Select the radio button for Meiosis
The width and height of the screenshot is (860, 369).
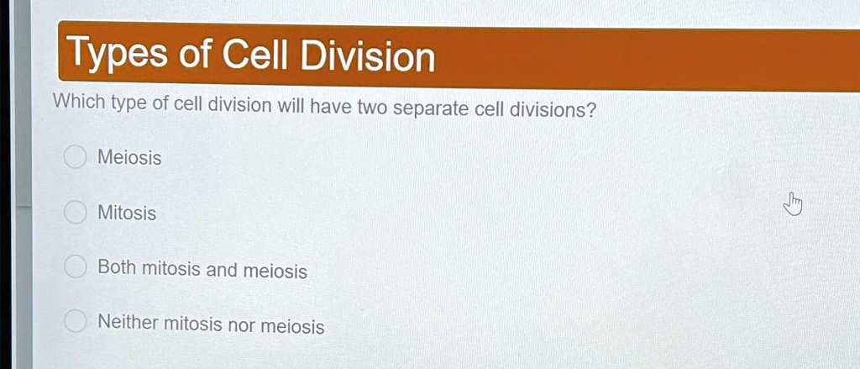[76, 157]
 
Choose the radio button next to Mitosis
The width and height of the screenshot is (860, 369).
[76, 213]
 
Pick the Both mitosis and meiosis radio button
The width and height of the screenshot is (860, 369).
[76, 268]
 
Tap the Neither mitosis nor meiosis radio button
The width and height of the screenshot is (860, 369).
[76, 321]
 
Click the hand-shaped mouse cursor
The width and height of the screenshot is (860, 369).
[793, 203]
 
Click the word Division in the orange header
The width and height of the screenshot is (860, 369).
[369, 57]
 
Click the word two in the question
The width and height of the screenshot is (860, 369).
[370, 108]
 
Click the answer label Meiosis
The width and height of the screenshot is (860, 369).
[129, 158]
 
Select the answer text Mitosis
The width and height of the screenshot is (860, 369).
[127, 213]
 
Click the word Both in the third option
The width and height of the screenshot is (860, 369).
[117, 268]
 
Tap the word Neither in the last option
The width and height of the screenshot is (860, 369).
[128, 322]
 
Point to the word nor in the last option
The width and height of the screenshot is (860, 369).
[241, 324]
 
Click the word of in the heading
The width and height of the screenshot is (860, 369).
[194, 55]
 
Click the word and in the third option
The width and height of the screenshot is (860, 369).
[222, 271]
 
